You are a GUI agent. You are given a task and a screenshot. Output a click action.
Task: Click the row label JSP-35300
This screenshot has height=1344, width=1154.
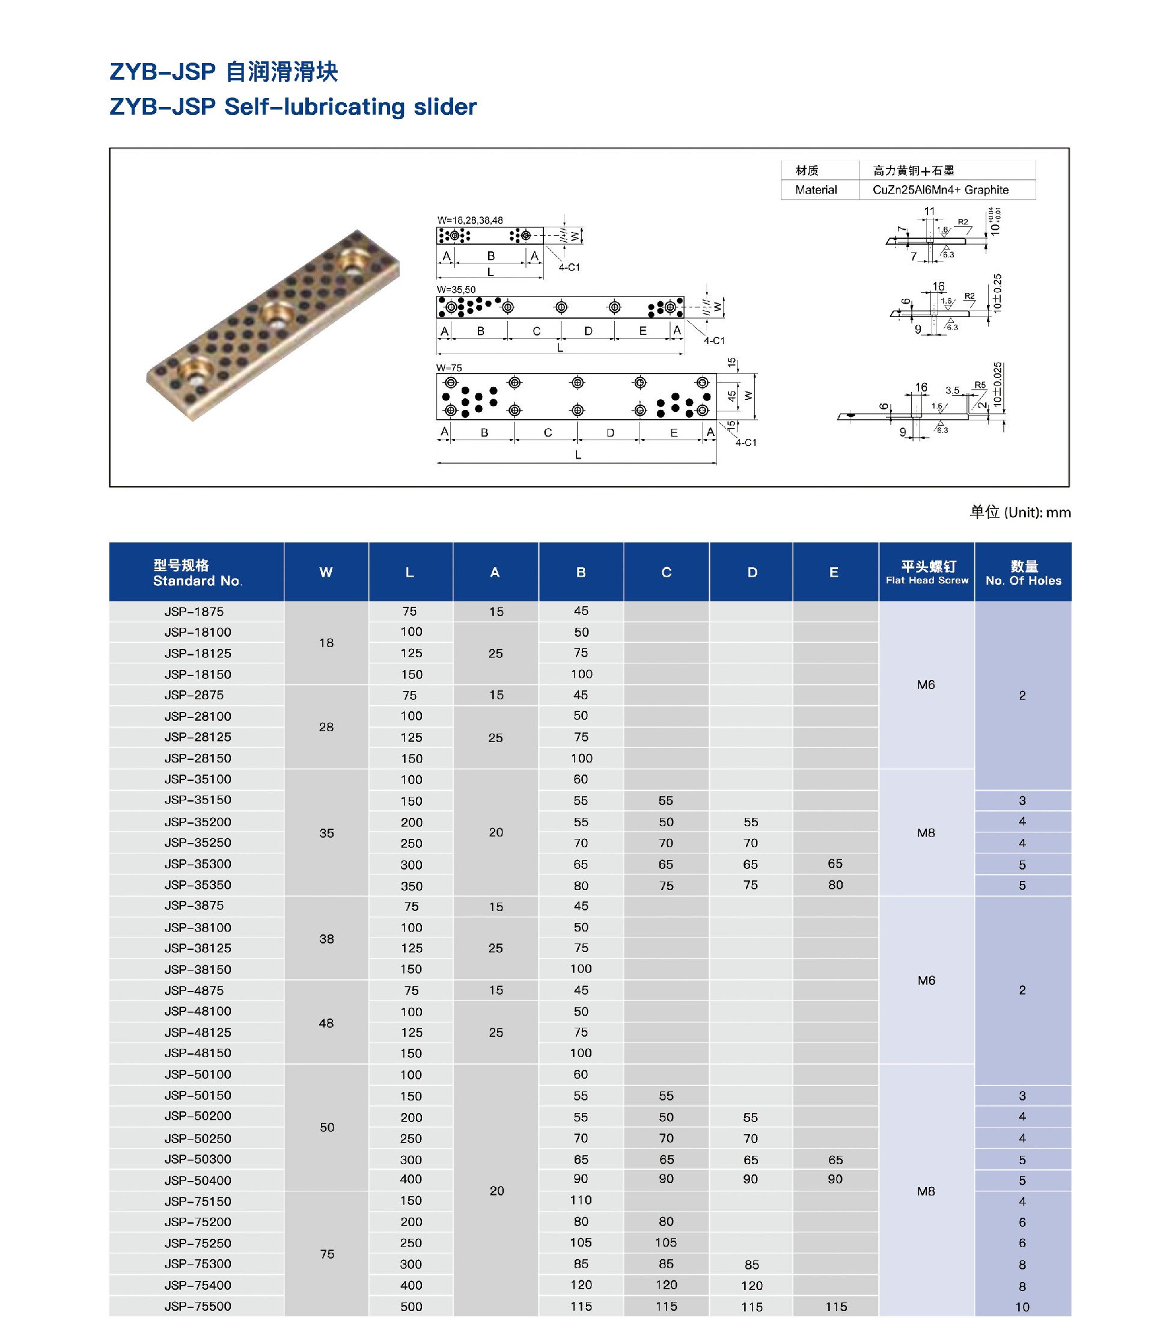[x=197, y=864]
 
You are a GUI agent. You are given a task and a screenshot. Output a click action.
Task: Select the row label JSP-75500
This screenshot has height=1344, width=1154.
[x=197, y=1306]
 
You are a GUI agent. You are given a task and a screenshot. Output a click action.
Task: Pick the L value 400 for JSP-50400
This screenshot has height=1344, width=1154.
[x=411, y=1179]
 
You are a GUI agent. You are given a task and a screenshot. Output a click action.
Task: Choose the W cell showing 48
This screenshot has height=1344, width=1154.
[x=326, y=1023]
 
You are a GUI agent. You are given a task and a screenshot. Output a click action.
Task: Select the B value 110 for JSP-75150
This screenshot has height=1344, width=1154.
[x=581, y=1201]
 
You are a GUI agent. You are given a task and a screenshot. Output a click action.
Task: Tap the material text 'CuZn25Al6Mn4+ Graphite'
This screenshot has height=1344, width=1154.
[x=940, y=190]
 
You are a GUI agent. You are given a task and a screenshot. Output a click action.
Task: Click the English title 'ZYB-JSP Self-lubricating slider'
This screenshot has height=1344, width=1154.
[x=293, y=107]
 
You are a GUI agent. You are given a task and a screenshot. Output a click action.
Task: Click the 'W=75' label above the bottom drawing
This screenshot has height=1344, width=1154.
[x=448, y=368]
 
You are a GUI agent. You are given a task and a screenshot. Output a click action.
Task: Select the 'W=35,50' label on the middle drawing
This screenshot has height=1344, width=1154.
[x=456, y=289]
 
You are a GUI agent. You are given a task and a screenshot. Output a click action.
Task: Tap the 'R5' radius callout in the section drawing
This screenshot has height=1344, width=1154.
[x=980, y=385]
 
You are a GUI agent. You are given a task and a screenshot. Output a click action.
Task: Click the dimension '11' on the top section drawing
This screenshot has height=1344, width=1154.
[x=929, y=212]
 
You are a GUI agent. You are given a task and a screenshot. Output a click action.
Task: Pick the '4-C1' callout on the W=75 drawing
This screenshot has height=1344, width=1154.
[x=745, y=443]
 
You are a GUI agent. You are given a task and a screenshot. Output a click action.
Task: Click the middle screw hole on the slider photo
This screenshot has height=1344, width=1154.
[x=277, y=313]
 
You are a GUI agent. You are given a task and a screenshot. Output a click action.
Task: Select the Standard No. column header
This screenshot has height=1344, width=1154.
[x=197, y=572]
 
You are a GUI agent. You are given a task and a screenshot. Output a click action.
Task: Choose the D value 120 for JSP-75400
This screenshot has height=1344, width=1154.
[x=751, y=1286]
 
